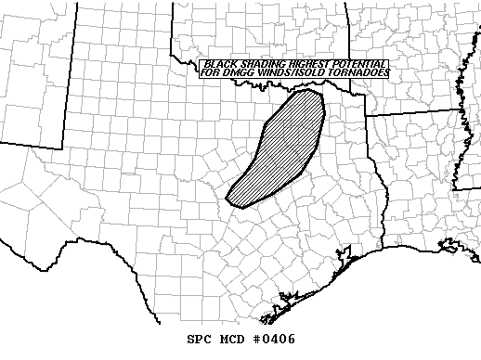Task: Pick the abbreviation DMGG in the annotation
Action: pos(236,72)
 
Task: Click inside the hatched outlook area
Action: pos(283,148)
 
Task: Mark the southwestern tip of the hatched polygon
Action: pos(232,199)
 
